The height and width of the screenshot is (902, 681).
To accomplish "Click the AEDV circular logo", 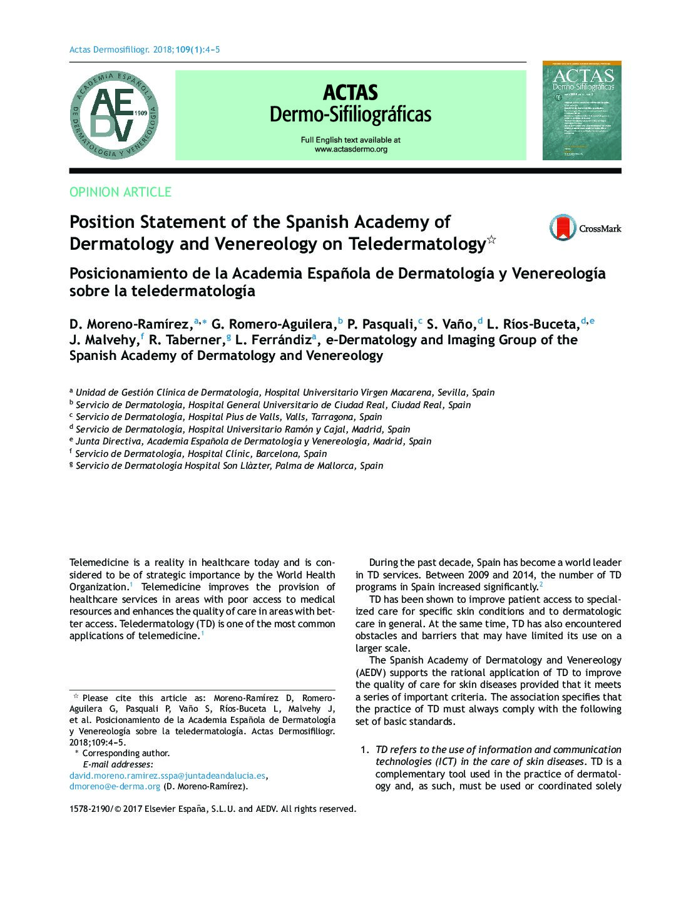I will click(113, 115).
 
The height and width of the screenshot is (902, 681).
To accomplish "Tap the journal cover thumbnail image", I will click(581, 110).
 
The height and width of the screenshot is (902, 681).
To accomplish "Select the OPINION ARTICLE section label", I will click(120, 192).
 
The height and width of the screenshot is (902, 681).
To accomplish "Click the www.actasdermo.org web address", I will click(351, 150).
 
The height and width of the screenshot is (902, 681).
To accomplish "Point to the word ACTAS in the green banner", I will click(351, 93).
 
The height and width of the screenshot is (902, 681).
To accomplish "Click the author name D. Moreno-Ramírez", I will click(130, 324).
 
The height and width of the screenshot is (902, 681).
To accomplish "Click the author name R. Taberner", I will click(186, 340).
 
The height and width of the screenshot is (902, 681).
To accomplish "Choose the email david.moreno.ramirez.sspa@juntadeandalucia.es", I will click(167, 775).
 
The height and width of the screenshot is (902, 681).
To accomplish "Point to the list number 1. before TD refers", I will click(364, 750).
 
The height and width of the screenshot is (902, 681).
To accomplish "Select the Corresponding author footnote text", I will click(126, 753).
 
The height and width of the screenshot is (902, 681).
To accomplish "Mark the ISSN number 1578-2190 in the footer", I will click(90, 809).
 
